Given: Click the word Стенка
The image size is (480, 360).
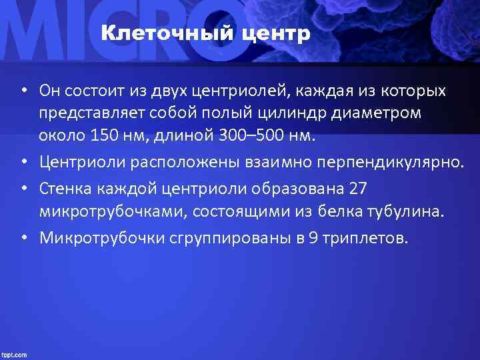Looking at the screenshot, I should [x=61, y=189].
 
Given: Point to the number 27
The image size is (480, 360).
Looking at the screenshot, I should [x=358, y=189].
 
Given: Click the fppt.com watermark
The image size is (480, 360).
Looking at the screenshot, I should [x=14, y=355].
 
